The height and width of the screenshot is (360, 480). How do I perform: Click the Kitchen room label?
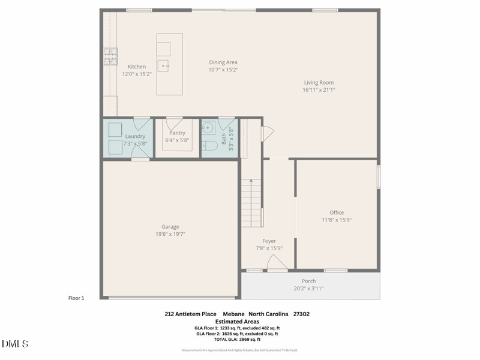(137, 67)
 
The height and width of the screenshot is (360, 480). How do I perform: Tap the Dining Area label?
(223, 62)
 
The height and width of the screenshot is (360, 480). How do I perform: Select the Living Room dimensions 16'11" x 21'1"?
(319, 90)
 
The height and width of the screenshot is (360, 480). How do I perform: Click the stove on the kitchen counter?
(110, 57)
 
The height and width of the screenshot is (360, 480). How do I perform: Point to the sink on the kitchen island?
(164, 65)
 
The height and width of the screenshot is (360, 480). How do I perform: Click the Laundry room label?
(135, 136)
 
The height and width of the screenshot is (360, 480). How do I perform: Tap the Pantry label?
(177, 133)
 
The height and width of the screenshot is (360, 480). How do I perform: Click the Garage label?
(170, 227)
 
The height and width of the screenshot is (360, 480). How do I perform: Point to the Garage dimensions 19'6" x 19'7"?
(170, 234)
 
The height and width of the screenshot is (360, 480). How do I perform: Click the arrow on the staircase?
(251, 183)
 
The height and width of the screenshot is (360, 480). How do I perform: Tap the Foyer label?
(269, 241)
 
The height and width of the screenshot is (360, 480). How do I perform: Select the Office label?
(337, 212)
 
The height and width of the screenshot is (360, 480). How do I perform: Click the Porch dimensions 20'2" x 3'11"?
(309, 289)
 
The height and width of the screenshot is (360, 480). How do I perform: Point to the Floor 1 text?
(76, 298)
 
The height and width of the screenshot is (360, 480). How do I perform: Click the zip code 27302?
(301, 314)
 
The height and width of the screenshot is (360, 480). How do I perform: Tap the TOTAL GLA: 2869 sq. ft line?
(237, 340)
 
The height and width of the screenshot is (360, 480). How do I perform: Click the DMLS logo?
(15, 344)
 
